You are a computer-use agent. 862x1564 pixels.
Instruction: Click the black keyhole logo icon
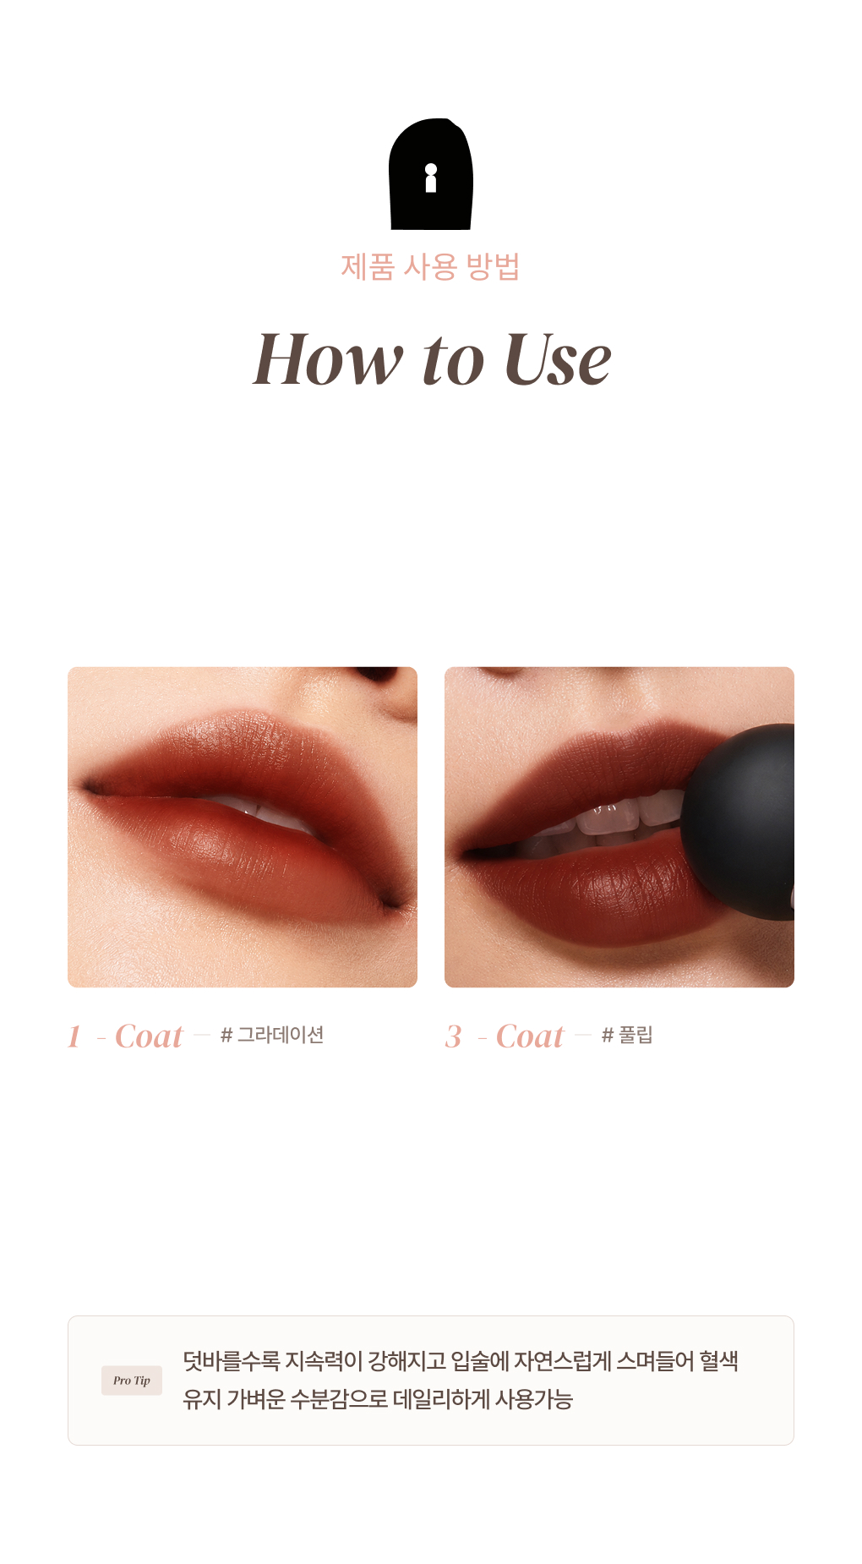(430, 174)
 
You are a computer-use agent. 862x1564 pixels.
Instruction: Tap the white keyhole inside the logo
(431, 178)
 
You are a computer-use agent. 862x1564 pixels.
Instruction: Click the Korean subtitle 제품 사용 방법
(430, 266)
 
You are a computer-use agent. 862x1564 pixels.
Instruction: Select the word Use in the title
(558, 359)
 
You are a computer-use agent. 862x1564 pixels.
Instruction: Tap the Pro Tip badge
(132, 1381)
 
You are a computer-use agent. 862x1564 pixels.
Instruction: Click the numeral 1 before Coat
(74, 1036)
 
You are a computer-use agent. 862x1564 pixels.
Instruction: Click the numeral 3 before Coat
(454, 1036)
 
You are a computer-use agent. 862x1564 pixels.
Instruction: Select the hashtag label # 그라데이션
(272, 1035)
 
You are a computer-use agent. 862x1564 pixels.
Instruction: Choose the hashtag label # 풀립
(627, 1035)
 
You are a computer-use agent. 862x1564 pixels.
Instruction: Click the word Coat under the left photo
(149, 1036)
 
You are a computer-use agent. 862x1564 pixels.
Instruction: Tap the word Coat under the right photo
(530, 1036)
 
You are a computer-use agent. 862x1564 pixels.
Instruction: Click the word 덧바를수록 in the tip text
(231, 1361)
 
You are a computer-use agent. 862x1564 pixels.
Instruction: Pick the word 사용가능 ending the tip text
(534, 1399)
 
